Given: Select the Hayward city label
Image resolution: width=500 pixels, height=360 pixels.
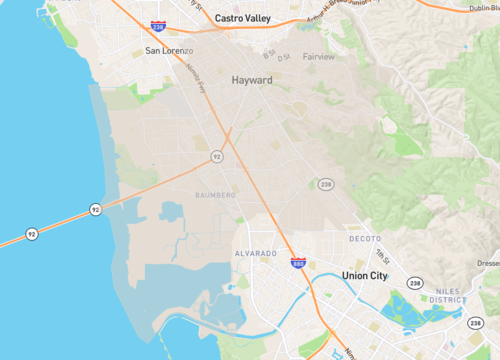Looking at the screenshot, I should (x=252, y=79).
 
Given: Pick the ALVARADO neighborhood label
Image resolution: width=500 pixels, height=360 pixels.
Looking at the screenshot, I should (x=255, y=254).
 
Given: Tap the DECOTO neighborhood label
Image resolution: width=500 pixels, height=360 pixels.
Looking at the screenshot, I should (x=365, y=240).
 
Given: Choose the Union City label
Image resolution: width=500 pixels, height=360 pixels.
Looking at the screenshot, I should (x=364, y=275).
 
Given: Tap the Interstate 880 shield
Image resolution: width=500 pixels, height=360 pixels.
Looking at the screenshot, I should (x=298, y=263).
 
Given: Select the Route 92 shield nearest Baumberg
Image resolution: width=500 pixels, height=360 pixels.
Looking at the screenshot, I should (x=216, y=157).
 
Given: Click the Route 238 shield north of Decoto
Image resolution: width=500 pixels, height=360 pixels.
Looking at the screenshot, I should (x=325, y=184).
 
